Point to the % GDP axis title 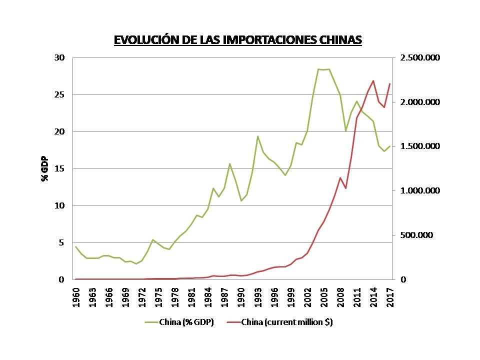(44, 168)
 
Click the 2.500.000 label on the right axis (420, 58)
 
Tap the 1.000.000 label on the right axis (420, 191)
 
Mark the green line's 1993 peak (257, 136)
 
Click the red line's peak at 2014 (373, 80)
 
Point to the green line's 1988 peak (230, 163)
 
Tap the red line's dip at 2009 (345, 188)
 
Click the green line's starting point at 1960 (76, 246)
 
